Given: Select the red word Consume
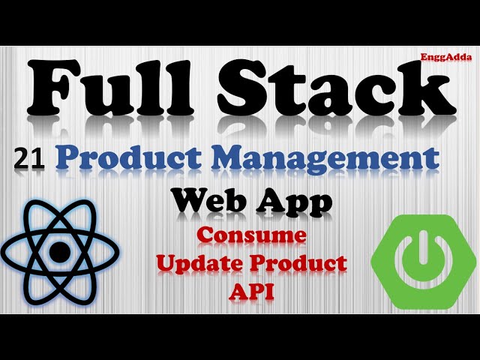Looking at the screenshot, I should coord(252,235).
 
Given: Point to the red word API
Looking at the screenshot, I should coord(250,291).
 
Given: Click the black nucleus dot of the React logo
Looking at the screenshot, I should coord(59,253).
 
